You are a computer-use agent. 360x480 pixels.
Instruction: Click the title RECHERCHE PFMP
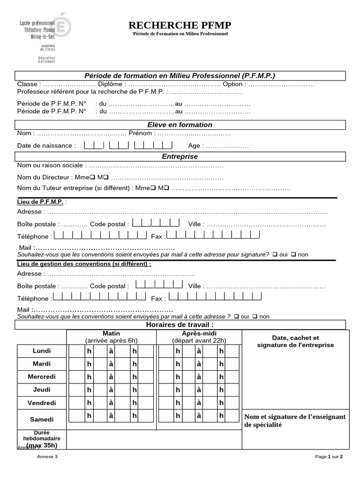[180, 25]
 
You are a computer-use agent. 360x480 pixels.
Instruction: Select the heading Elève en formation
[180, 125]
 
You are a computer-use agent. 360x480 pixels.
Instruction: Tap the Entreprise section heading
[180, 157]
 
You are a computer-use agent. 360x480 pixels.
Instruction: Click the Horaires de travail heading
[180, 324]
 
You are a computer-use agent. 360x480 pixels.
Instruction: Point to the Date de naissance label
[46, 146]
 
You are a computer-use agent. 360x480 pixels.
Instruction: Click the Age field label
[195, 146]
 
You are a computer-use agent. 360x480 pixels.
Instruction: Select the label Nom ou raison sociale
[52, 165]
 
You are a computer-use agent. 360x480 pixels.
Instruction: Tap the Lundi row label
[42, 351]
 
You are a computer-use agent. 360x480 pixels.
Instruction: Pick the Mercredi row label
[42, 376]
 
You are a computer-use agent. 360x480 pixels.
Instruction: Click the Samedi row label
[42, 420]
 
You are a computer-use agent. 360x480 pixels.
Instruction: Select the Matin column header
[111, 333]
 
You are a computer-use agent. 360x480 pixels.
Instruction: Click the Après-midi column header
[199, 333]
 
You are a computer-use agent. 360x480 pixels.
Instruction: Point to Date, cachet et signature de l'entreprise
[295, 341]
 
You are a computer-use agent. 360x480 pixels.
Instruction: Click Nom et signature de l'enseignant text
[295, 420]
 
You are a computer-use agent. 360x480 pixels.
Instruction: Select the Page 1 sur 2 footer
[329, 457]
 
